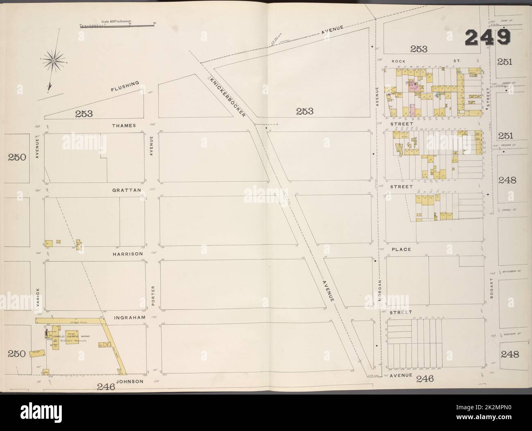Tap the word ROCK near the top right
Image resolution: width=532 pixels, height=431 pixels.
pos(398,61)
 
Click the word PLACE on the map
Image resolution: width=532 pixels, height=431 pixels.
pos(401,249)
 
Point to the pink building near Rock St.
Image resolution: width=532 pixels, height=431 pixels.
pos(412,110)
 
